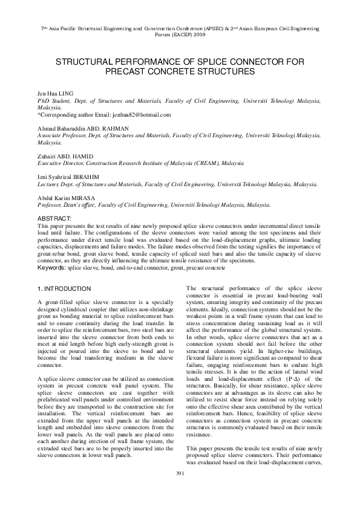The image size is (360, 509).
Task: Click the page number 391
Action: [x=180, y=489]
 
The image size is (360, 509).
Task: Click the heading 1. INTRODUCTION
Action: [x=64, y=289]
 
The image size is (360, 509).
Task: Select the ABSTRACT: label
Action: [x=54, y=218]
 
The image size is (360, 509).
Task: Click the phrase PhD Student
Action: [x=51, y=103]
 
